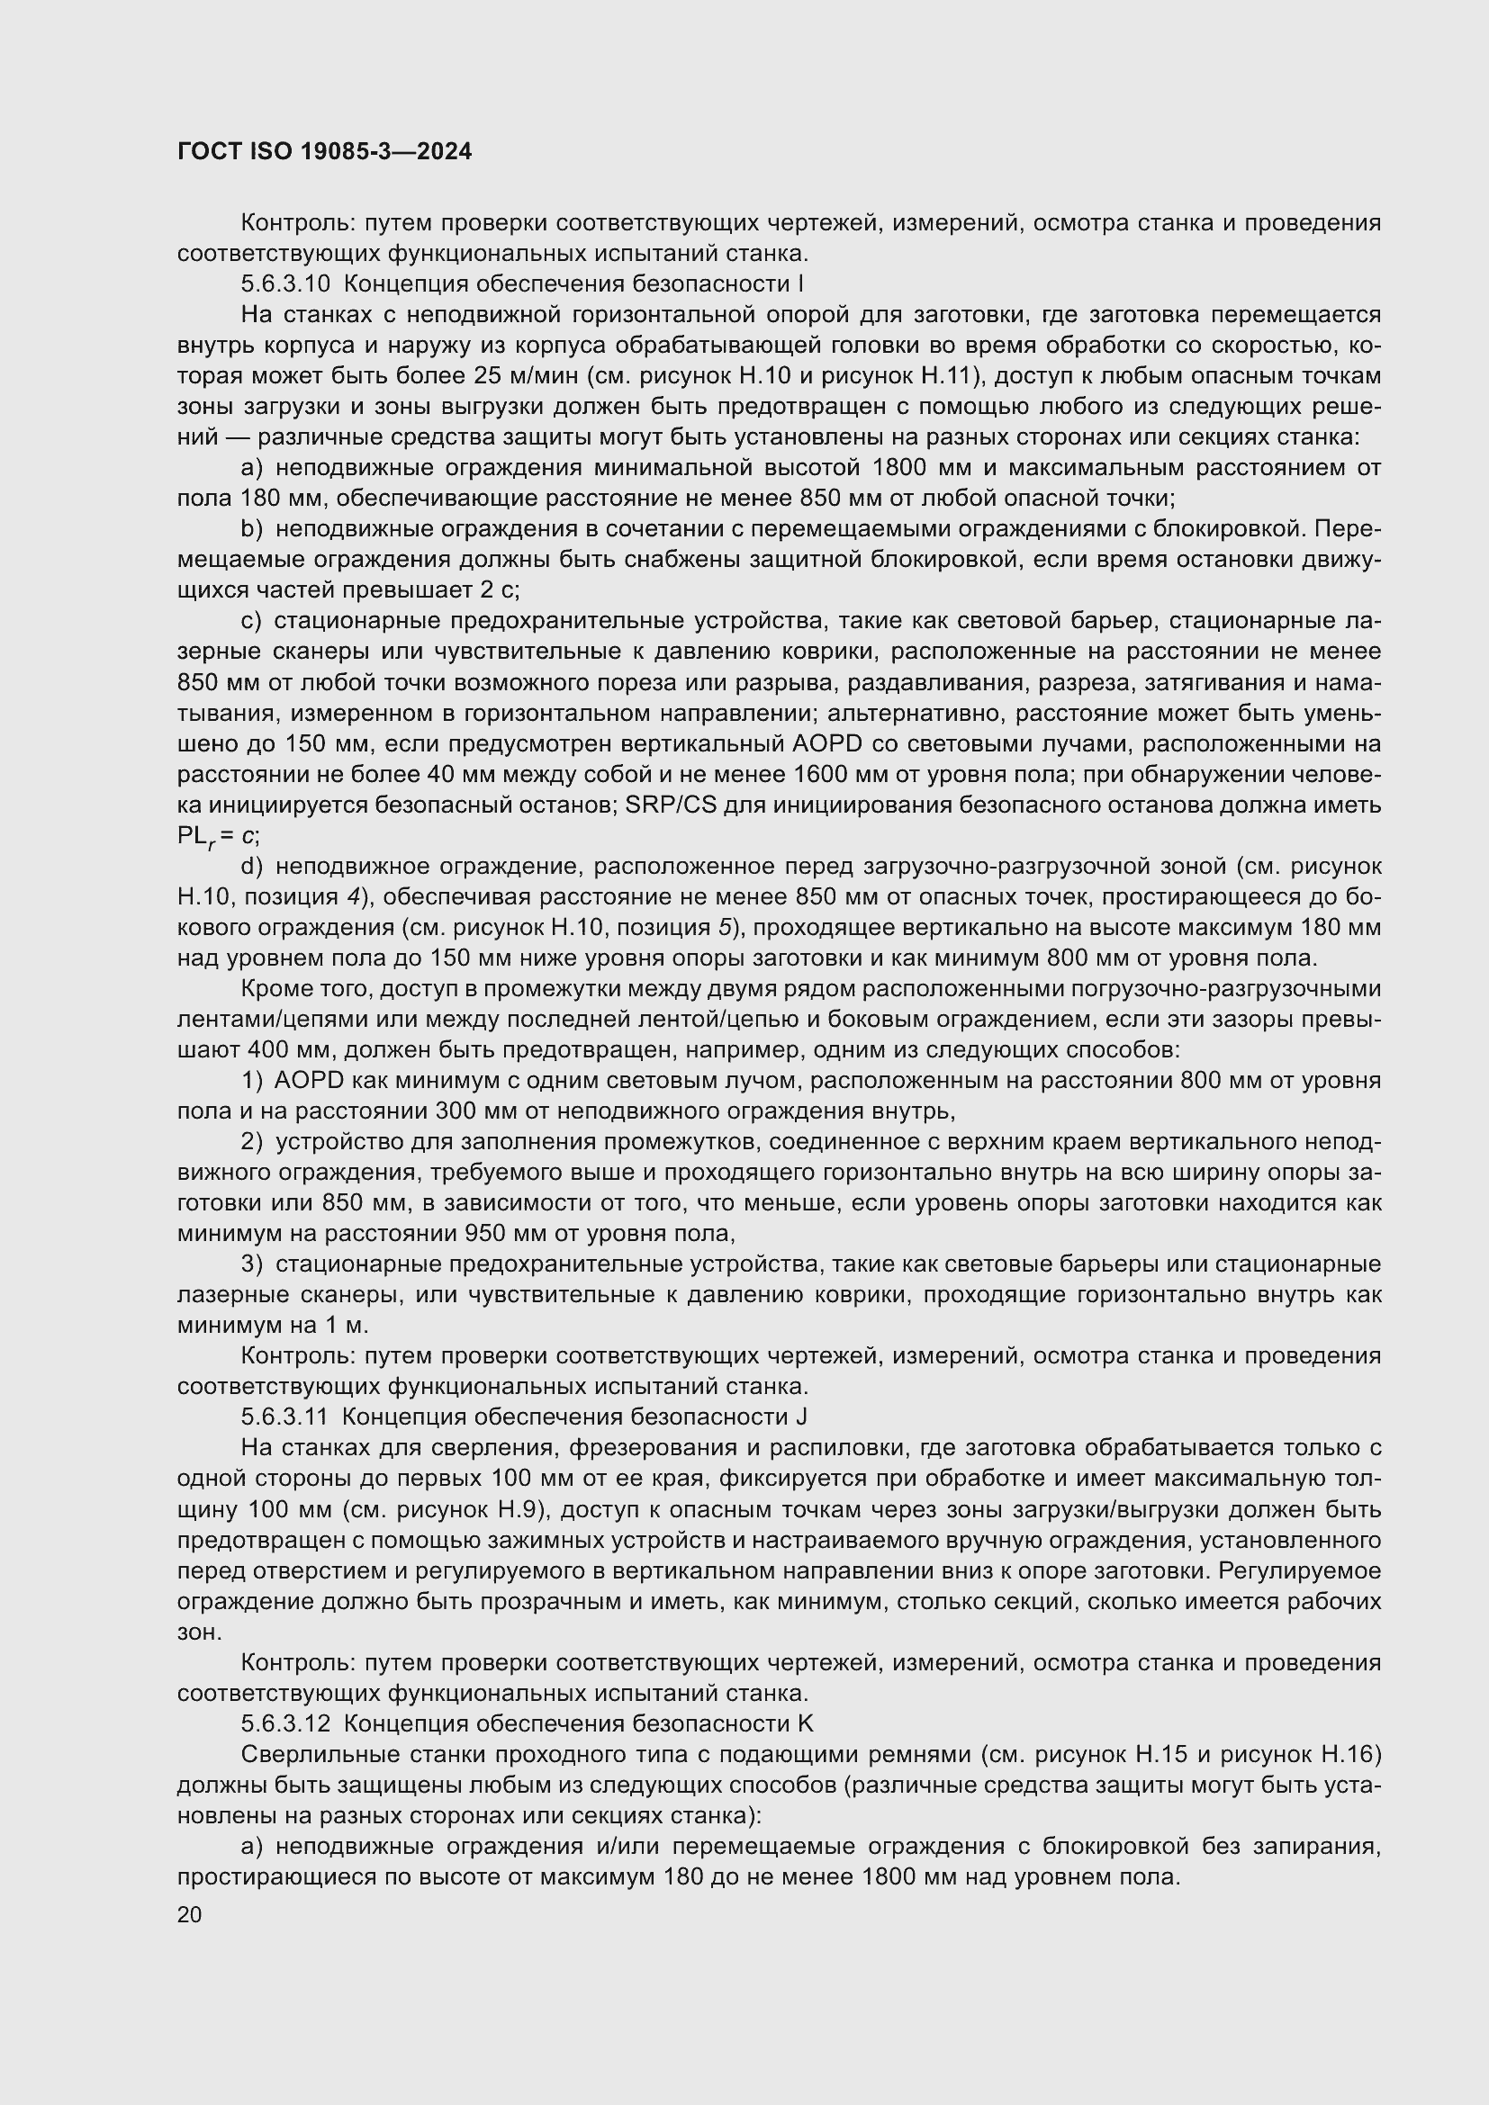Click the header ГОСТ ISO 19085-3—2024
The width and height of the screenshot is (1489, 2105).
tap(325, 152)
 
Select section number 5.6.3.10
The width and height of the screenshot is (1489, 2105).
tap(285, 284)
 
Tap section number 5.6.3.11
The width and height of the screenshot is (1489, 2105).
tap(284, 1417)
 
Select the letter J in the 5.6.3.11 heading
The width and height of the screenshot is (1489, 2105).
tap(802, 1417)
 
